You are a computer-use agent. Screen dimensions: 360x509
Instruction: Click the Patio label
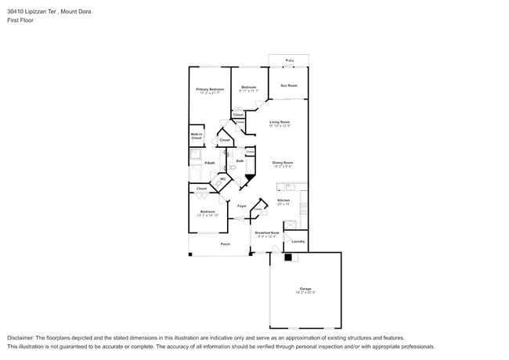(x=289, y=60)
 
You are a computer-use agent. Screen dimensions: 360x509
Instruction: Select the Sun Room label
(x=289, y=85)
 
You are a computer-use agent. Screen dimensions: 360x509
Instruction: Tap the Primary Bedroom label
(x=210, y=89)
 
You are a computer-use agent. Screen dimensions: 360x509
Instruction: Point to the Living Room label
(x=280, y=121)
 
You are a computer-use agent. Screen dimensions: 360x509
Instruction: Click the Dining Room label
(x=283, y=162)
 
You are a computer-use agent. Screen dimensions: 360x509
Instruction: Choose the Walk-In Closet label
(x=197, y=135)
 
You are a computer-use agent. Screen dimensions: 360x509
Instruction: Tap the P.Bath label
(x=210, y=163)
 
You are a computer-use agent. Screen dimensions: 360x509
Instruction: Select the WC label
(x=222, y=179)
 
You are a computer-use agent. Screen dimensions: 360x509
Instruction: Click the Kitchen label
(x=283, y=200)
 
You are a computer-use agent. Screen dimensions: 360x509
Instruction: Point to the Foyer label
(x=242, y=206)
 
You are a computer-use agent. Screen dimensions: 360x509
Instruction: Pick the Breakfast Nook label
(x=267, y=232)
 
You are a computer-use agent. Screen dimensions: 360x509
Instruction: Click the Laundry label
(x=298, y=241)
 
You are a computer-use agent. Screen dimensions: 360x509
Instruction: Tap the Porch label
(x=225, y=244)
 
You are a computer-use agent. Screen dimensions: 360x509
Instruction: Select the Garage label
(x=305, y=289)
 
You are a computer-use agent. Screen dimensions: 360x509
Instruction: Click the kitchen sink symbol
(x=290, y=186)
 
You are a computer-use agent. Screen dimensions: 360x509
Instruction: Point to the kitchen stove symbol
(x=304, y=210)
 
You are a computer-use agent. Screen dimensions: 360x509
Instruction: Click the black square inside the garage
(x=287, y=257)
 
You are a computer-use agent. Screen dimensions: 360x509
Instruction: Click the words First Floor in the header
(x=20, y=20)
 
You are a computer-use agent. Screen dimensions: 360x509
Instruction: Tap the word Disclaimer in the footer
(x=22, y=337)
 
